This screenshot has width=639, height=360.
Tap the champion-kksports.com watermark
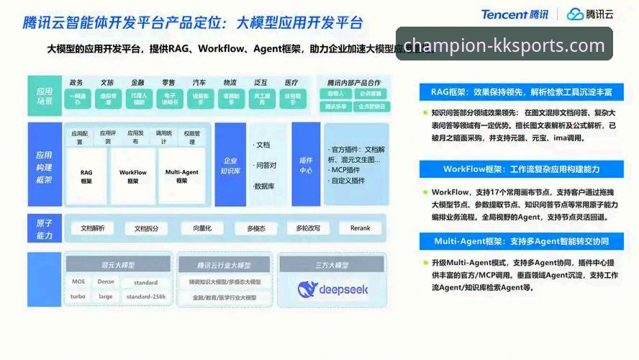tap(504, 45)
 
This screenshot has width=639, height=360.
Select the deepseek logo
tap(332, 289)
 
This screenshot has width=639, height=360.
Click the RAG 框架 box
tap(86, 176)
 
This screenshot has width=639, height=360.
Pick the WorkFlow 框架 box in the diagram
tap(132, 176)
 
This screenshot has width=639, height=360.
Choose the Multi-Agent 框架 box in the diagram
tap(181, 176)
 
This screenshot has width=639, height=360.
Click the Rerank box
tap(360, 228)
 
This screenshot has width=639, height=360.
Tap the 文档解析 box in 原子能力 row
tap(92, 228)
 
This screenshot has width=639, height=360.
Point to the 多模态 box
tap(256, 228)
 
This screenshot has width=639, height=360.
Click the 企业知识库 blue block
tap(230, 166)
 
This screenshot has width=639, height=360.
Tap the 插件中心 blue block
tap(305, 166)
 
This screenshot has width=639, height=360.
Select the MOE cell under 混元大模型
tap(78, 282)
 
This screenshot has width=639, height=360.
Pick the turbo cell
tap(78, 296)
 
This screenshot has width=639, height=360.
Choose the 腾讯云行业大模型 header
tap(224, 265)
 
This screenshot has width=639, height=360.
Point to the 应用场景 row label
tap(45, 96)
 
